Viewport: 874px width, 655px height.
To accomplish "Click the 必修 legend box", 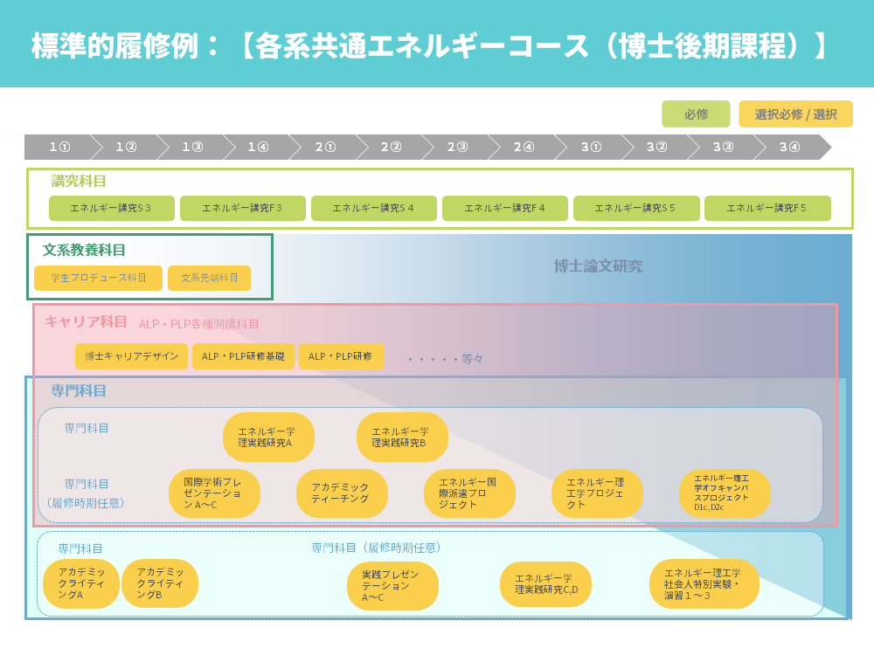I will (696, 114).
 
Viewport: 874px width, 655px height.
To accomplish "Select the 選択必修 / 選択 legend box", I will (795, 114).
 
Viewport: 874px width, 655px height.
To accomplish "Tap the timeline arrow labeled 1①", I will (59, 147).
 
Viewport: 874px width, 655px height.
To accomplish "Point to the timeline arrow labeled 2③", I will (457, 147).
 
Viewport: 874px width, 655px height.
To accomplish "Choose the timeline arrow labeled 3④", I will (789, 147).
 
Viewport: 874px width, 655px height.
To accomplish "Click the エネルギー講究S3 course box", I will (111, 208).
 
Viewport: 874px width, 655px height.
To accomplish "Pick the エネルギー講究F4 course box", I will (504, 208).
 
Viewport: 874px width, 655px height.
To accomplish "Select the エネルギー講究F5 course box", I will (766, 208).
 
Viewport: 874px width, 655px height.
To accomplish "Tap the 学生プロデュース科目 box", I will (98, 278).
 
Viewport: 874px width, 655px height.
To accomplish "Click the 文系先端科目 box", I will (209, 278).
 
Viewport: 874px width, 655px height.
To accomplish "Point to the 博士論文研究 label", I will (598, 266).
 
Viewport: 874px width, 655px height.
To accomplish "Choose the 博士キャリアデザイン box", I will (131, 356).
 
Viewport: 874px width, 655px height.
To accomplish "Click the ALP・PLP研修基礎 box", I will (243, 356).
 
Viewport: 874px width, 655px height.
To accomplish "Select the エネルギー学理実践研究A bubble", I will (267, 437).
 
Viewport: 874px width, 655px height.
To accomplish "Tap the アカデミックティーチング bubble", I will (341, 493).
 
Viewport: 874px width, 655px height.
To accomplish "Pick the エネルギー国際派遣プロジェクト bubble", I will (468, 493).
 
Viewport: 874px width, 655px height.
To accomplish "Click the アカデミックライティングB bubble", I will (160, 583).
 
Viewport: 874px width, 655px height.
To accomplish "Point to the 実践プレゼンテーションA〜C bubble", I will (392, 585).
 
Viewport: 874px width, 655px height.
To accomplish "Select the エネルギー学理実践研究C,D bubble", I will (545, 584).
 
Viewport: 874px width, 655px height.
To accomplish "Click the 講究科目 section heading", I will (79, 182).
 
